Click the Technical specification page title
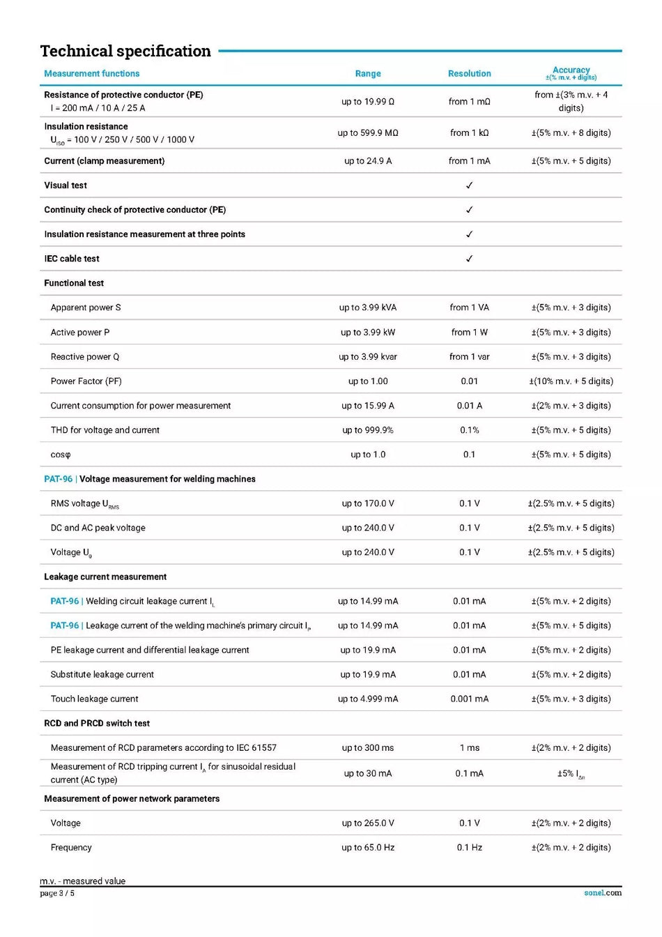click(125, 51)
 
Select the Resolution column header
click(469, 73)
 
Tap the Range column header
click(368, 73)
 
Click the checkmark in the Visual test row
click(469, 185)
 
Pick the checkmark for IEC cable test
click(469, 259)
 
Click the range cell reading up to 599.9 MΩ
click(368, 132)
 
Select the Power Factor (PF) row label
click(86, 381)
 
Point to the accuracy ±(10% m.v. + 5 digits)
click(571, 381)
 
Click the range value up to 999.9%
click(368, 430)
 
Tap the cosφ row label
click(61, 455)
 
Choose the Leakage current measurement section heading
click(105, 577)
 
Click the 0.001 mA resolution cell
click(469, 699)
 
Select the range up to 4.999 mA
click(368, 699)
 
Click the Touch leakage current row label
click(94, 699)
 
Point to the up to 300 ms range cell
click(368, 747)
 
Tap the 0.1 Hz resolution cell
click(469, 847)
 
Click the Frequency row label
click(71, 847)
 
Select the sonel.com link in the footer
click(603, 892)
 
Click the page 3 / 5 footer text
click(57, 893)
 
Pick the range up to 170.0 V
click(368, 503)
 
